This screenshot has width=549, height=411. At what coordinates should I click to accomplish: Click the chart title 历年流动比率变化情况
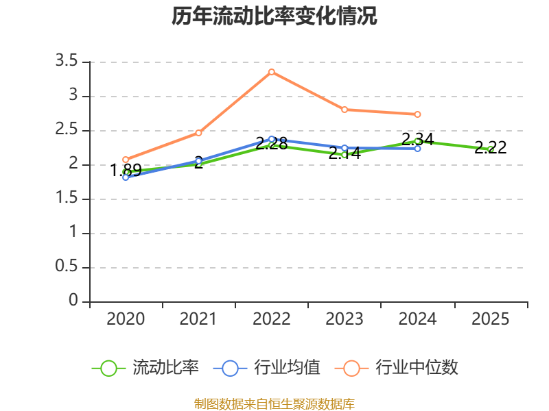(274, 16)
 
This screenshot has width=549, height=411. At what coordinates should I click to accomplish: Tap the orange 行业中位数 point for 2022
(272, 72)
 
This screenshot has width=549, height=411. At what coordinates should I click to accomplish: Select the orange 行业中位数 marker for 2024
(417, 114)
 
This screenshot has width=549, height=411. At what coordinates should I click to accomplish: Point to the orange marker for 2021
(198, 133)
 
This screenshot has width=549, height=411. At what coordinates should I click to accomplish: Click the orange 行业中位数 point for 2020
(126, 160)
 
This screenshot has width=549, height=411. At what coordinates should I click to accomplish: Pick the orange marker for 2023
(344, 110)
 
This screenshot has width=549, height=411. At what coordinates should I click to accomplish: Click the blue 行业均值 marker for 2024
(417, 149)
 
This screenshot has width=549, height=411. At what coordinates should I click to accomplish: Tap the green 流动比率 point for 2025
(491, 149)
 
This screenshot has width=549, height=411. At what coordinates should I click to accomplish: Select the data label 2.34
(417, 139)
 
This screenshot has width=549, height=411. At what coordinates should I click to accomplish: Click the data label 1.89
(126, 170)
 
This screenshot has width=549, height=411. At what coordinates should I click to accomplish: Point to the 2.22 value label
(491, 147)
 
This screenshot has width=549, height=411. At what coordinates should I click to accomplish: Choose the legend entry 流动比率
(145, 368)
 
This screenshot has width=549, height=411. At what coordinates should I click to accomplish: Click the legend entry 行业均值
(266, 368)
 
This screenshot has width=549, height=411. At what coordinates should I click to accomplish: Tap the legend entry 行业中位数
(397, 368)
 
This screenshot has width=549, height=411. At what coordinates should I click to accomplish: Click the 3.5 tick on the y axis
(67, 61)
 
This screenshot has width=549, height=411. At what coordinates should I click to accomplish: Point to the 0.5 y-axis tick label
(67, 266)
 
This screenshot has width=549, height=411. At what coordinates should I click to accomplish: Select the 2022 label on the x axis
(272, 319)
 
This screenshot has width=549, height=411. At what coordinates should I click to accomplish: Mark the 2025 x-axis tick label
(491, 319)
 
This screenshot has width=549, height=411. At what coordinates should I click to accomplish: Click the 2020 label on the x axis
(126, 319)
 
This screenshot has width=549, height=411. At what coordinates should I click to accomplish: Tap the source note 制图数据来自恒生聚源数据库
(274, 403)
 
